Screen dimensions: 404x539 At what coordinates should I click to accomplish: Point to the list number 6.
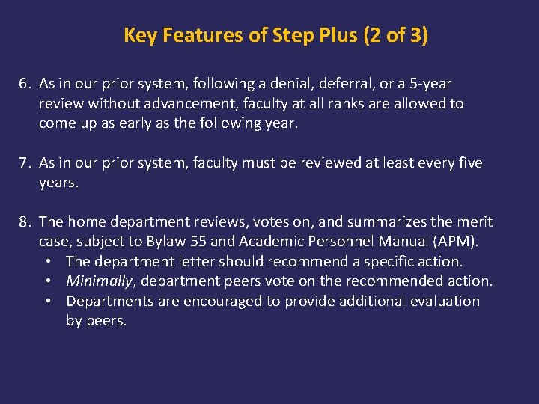coord(25,84)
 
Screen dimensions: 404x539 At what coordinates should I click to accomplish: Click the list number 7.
coord(25,163)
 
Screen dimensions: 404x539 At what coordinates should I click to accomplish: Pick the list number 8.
coord(25,222)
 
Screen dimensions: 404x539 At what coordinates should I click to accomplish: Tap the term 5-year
coord(426,84)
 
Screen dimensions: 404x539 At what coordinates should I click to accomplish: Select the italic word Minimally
coord(100,281)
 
